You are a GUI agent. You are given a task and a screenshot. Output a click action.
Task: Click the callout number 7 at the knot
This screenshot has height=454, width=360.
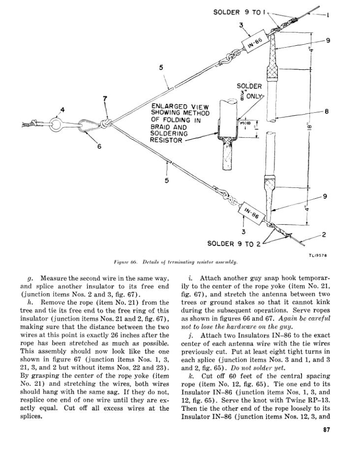tap(105, 99)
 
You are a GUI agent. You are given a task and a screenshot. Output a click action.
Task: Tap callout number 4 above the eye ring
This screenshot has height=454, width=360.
tap(62, 109)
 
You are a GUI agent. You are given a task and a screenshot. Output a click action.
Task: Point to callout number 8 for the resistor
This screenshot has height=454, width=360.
tap(327, 112)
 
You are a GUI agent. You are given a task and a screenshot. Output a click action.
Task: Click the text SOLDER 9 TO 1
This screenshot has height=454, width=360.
tap(240, 12)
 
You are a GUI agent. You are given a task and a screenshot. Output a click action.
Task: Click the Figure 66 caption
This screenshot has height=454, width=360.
tap(179, 262)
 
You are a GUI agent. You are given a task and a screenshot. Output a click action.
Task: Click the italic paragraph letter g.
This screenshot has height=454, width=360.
tap(31, 278)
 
